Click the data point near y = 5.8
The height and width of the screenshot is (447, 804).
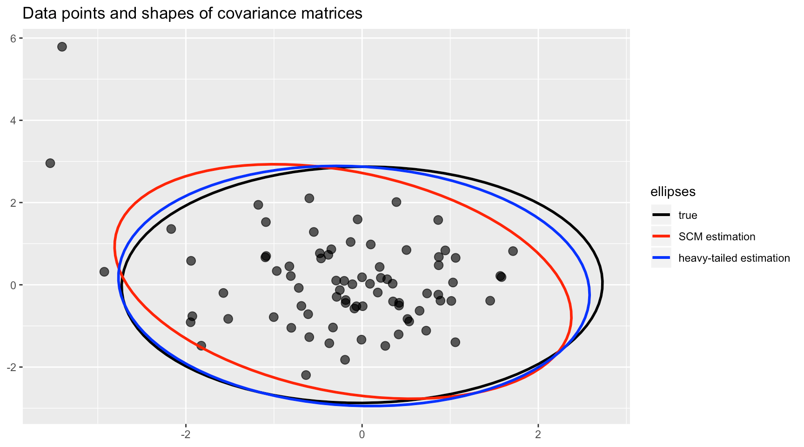[62, 47]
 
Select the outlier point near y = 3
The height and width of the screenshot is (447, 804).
[50, 163]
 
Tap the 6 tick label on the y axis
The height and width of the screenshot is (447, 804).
[13, 39]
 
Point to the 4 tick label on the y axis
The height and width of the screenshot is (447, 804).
[13, 121]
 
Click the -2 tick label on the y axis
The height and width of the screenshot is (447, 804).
[12, 367]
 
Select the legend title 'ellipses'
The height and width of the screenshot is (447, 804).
[673, 191]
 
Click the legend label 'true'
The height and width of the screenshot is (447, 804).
[688, 215]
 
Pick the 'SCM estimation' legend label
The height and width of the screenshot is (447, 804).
[717, 237]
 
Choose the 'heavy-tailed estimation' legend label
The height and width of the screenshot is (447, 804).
[734, 258]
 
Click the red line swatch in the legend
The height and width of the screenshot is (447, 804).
[661, 237]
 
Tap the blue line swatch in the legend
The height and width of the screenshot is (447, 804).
[661, 258]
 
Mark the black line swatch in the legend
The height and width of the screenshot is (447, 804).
[661, 215]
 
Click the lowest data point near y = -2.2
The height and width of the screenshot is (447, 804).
[306, 375]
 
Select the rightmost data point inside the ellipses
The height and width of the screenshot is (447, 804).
[513, 251]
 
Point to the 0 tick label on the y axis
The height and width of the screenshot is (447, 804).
[13, 285]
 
